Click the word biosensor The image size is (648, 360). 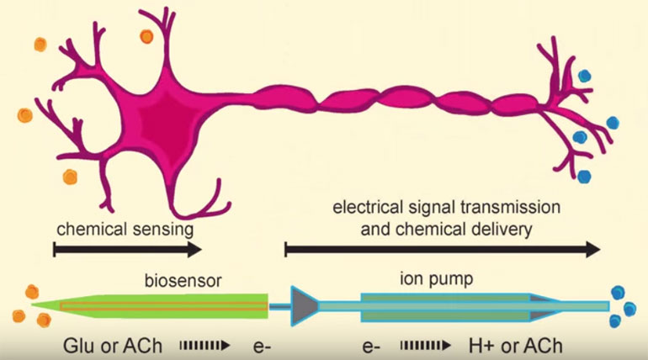click(183, 281)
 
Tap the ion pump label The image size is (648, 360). click(437, 279)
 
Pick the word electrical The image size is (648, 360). click(368, 207)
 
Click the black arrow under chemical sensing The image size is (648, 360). click(128, 249)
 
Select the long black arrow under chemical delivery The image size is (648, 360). click(442, 249)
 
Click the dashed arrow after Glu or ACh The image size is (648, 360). click(204, 345)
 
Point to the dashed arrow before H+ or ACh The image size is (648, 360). click(425, 345)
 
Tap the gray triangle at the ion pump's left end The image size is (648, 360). click(304, 306)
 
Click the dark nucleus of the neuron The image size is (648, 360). click(165, 123)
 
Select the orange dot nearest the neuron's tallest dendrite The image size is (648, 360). click(146, 36)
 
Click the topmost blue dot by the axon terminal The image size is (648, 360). click(584, 76)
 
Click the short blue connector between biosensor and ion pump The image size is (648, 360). click(279, 306)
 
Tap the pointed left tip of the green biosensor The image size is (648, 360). click(32, 304)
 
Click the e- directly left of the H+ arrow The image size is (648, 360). click(371, 347)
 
